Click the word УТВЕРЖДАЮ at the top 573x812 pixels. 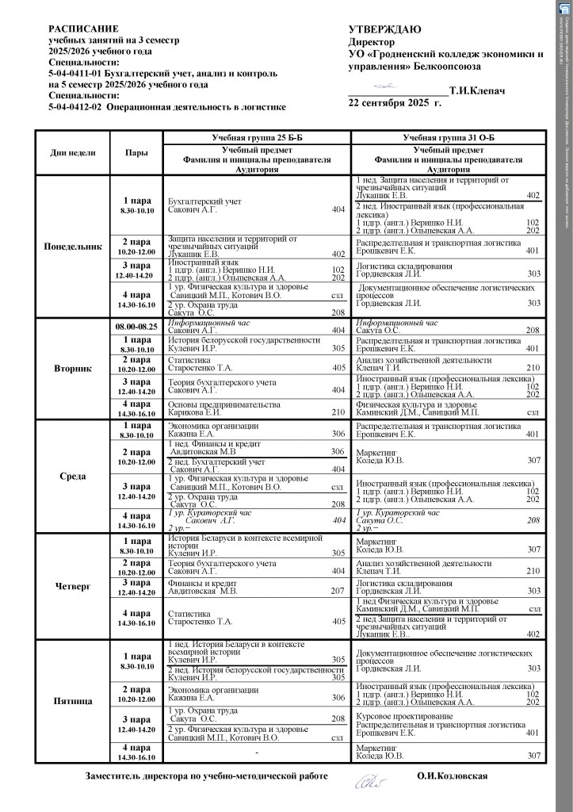(384, 29)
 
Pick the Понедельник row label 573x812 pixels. (72, 247)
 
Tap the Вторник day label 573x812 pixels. (72, 369)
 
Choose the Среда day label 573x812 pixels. (72, 476)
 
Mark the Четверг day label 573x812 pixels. (72, 588)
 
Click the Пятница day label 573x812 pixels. (72, 700)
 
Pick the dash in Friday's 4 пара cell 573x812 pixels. (257, 751)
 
